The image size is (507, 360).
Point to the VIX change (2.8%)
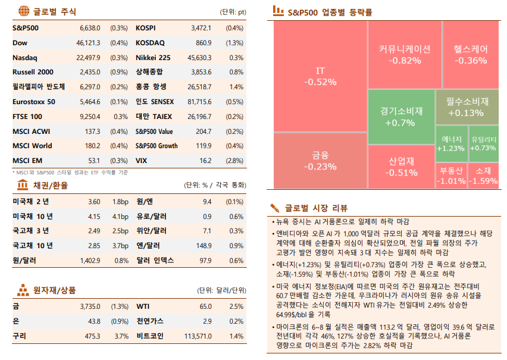tap(234, 161)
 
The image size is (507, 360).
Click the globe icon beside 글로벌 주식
tap(23, 11)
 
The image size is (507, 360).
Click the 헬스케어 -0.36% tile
tap(470, 54)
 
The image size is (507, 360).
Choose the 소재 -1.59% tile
tap(483, 176)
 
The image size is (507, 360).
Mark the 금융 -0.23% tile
tap(320, 161)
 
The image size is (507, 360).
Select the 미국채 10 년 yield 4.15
tap(93, 216)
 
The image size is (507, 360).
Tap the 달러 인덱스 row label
tap(154, 261)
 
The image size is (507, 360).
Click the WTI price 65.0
tap(205, 306)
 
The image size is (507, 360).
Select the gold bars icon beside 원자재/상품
tap(23, 290)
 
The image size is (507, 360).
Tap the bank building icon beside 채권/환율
tap(23, 185)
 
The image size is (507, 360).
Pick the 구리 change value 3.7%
tap(121, 336)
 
